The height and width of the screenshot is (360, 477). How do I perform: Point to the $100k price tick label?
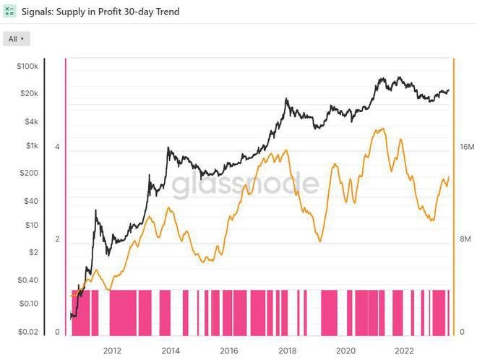pos(27,67)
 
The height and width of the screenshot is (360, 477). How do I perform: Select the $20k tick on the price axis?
pos(29,94)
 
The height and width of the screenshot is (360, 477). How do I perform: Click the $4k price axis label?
pos(30,121)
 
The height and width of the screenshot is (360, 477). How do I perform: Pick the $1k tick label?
pos(30,146)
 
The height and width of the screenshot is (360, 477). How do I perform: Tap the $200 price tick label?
pos(29,173)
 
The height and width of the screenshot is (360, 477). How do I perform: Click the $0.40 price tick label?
pos(27,280)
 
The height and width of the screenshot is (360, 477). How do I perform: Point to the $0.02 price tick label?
pos(27,331)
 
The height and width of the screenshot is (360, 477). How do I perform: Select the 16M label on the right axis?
pos(467,147)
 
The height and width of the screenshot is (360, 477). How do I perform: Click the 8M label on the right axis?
pos(466,239)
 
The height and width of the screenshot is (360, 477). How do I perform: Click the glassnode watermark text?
pos(245,184)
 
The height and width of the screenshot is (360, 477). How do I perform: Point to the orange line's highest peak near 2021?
pos(380,129)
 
